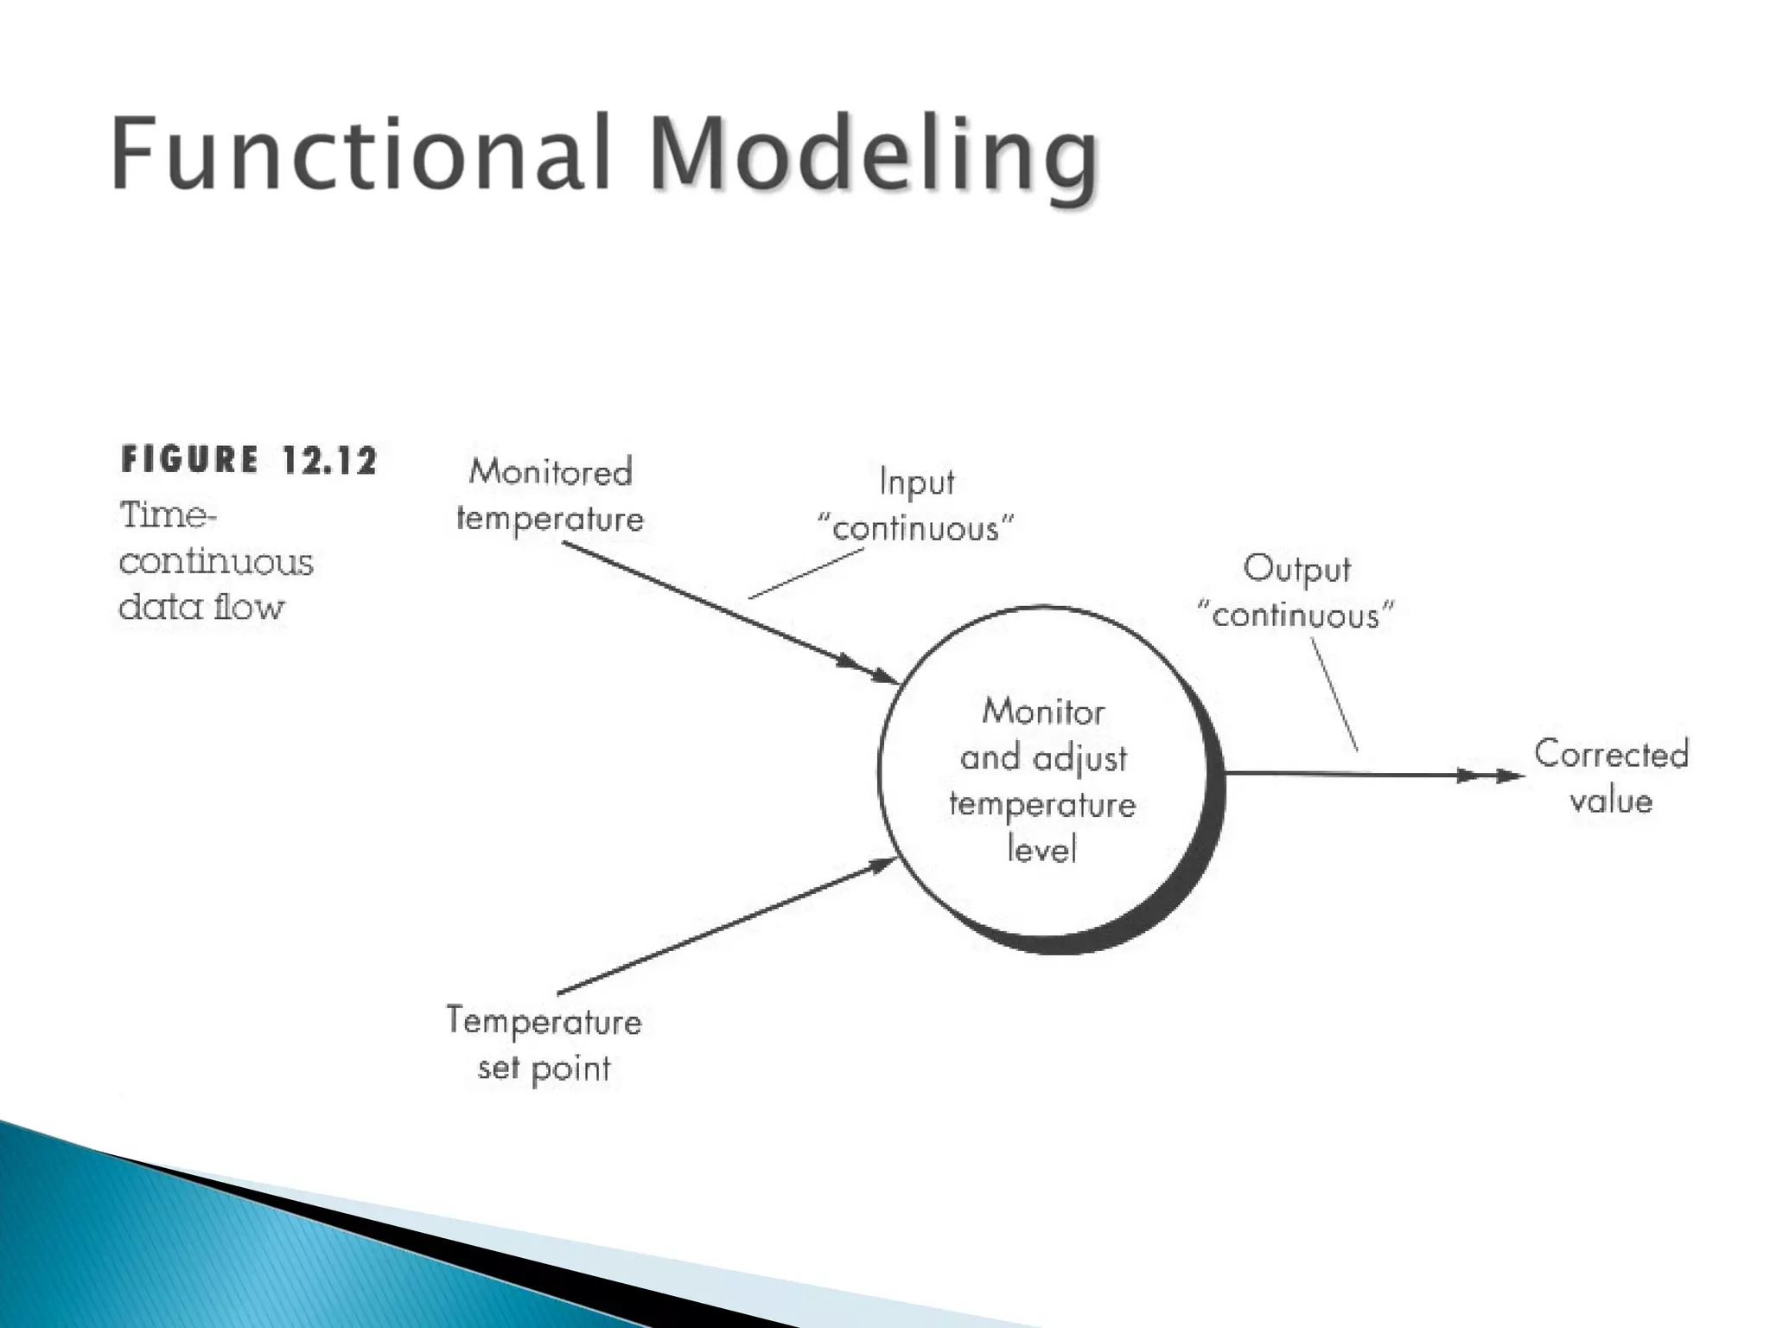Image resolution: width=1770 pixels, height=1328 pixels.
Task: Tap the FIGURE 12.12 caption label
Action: (249, 460)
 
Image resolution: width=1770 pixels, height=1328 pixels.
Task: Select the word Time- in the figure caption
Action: (168, 515)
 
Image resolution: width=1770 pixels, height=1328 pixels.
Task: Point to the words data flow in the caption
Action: (201, 607)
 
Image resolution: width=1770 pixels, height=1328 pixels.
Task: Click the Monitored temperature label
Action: (551, 495)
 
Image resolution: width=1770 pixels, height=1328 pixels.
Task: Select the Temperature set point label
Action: (544, 1044)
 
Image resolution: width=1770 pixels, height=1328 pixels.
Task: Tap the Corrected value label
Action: (1611, 777)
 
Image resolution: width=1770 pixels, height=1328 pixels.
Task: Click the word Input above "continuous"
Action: (917, 482)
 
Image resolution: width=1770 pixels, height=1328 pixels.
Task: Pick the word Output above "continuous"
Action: (1296, 569)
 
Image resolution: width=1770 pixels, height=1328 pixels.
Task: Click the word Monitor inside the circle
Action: (1043, 712)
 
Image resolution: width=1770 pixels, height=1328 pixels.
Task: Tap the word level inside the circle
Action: (1042, 850)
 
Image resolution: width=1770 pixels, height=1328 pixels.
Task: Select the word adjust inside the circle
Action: (1080, 759)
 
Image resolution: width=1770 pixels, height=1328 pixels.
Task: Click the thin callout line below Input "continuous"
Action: (805, 573)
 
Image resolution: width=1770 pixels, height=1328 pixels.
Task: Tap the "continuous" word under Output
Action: (1296, 616)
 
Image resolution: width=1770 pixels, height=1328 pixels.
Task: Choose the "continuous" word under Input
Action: (916, 528)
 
